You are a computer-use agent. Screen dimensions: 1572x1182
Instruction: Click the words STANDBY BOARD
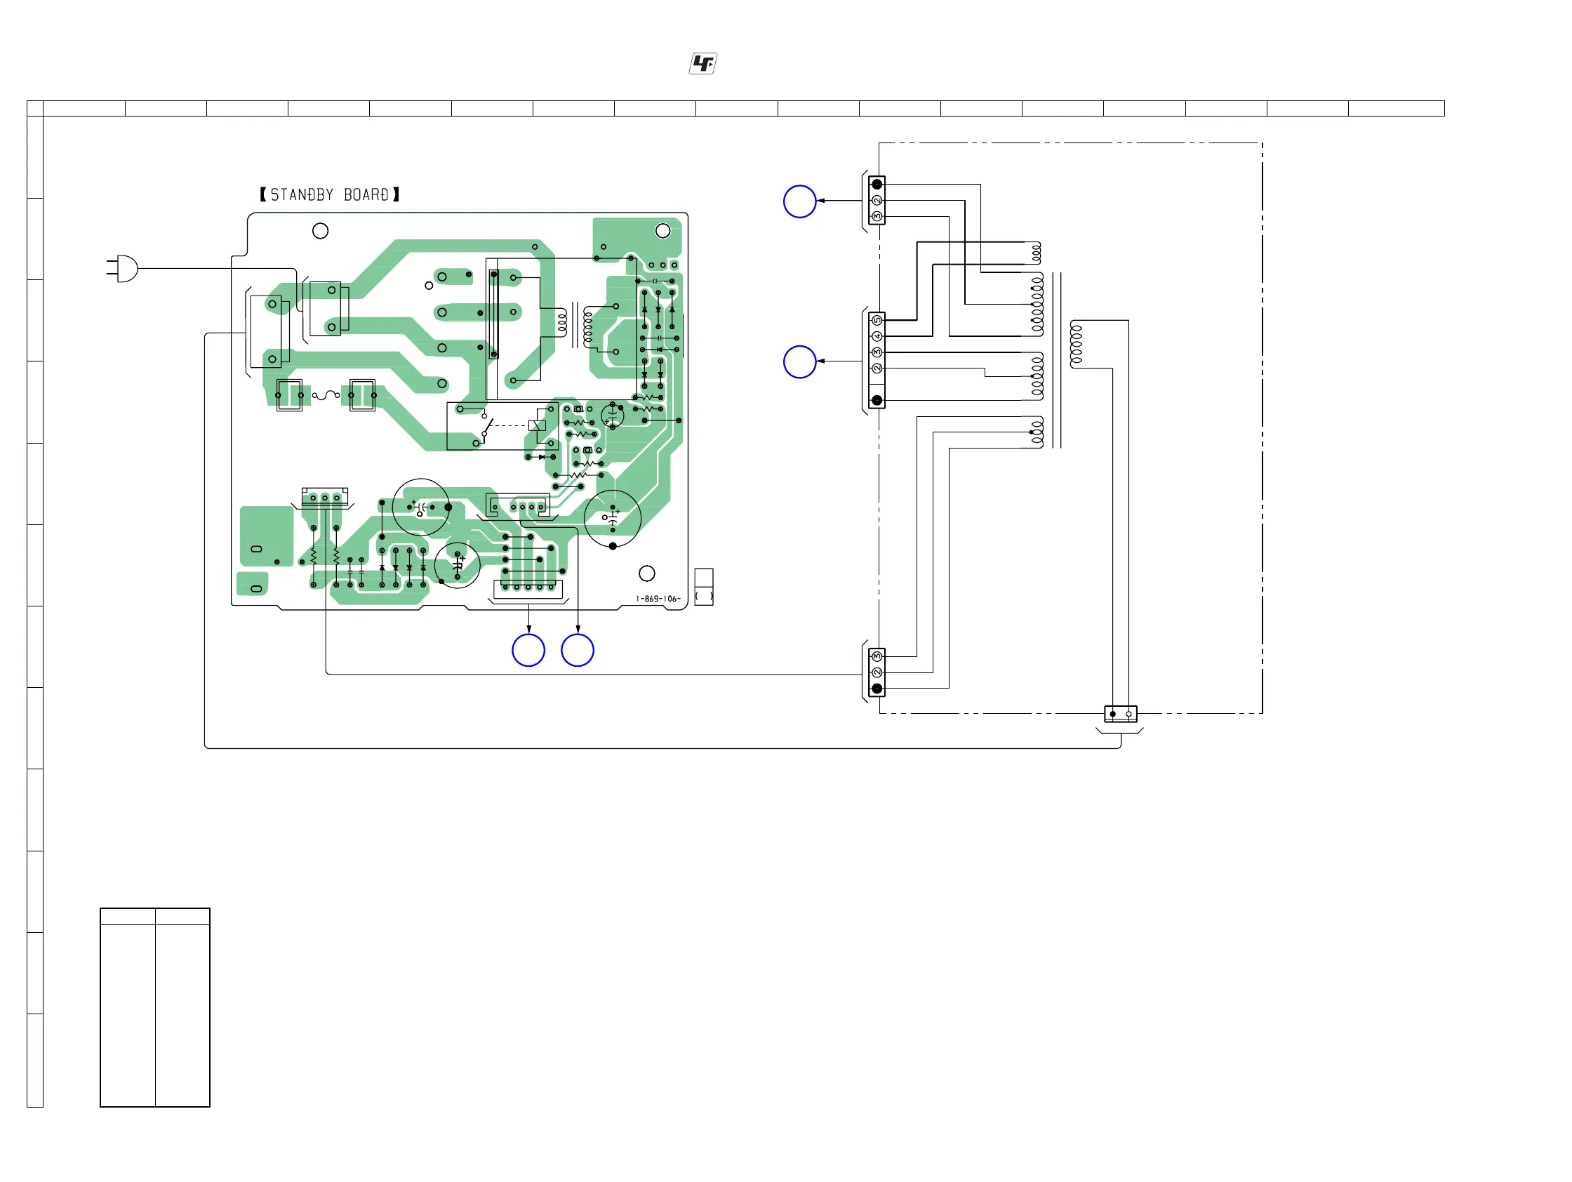click(330, 194)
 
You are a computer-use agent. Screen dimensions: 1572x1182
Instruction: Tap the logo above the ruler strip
click(702, 64)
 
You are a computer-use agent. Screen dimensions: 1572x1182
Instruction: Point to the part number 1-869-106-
click(658, 599)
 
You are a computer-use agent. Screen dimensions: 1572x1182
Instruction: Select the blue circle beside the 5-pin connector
click(799, 361)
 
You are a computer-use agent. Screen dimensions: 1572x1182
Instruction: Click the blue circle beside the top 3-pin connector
click(799, 201)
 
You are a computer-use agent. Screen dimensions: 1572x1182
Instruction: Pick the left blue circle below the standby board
click(528, 650)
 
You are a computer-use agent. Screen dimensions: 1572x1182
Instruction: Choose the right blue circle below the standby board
click(577, 650)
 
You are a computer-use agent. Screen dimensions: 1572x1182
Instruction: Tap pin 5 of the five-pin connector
click(877, 321)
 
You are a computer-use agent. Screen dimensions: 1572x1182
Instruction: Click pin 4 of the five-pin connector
click(877, 336)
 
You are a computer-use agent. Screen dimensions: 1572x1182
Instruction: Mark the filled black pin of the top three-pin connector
click(877, 185)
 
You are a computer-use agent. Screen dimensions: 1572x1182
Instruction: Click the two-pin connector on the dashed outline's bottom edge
click(1120, 714)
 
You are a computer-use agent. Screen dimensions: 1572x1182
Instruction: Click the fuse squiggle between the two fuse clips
click(326, 395)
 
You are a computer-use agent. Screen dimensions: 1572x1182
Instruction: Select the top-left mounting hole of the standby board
click(321, 231)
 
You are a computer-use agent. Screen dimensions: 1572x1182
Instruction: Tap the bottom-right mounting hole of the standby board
click(647, 573)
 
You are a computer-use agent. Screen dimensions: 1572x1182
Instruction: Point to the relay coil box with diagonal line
click(538, 426)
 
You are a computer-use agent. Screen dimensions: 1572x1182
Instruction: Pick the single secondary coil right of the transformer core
click(1076, 345)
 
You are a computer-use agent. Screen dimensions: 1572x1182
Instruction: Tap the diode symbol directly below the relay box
click(542, 457)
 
